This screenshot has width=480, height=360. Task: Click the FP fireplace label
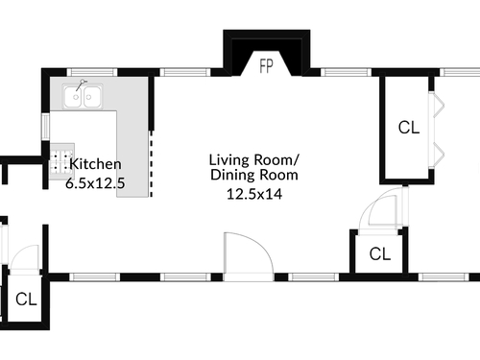266,66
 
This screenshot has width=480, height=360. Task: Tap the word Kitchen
95,164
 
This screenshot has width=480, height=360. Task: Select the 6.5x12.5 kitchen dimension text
95,183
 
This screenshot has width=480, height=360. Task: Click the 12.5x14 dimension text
254,194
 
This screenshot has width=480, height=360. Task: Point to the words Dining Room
254,175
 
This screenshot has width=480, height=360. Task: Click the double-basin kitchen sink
83,96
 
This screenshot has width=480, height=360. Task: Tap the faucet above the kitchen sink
81,85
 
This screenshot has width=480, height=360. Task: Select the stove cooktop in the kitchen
62,161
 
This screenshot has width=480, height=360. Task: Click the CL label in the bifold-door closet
409,128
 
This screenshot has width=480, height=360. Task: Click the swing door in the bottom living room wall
249,257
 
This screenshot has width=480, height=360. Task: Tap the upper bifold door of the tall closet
437,105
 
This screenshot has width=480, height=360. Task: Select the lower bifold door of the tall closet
437,156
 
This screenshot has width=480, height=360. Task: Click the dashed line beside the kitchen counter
152,163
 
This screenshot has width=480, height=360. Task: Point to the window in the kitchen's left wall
46,127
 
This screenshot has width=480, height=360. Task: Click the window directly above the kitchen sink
92,72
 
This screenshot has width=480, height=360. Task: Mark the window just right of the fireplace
346,72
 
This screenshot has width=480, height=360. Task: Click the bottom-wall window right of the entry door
314,277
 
